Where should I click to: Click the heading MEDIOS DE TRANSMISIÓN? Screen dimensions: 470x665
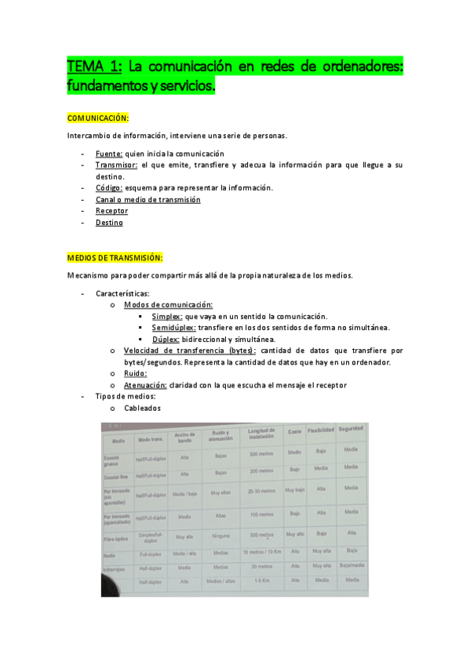(115, 257)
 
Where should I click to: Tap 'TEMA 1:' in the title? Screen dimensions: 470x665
(95, 67)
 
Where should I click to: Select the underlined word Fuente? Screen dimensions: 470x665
(110, 154)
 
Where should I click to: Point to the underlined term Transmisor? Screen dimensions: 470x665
(117, 165)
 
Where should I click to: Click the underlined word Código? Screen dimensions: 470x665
(109, 188)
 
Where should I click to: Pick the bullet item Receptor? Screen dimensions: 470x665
(111, 211)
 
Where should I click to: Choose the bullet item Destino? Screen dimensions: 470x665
(109, 223)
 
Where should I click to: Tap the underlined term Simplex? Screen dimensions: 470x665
(166, 315)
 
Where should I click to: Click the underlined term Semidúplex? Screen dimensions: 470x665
(174, 327)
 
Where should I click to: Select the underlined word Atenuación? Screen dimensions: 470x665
(145, 385)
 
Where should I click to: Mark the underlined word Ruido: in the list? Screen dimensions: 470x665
(136, 373)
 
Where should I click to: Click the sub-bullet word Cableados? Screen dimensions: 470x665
(142, 409)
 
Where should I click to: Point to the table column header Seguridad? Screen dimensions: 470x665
(351, 431)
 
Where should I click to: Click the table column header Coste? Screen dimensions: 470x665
(295, 432)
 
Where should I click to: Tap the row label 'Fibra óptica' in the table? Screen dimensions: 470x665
(115, 539)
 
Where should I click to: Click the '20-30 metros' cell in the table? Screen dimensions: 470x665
(260, 491)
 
